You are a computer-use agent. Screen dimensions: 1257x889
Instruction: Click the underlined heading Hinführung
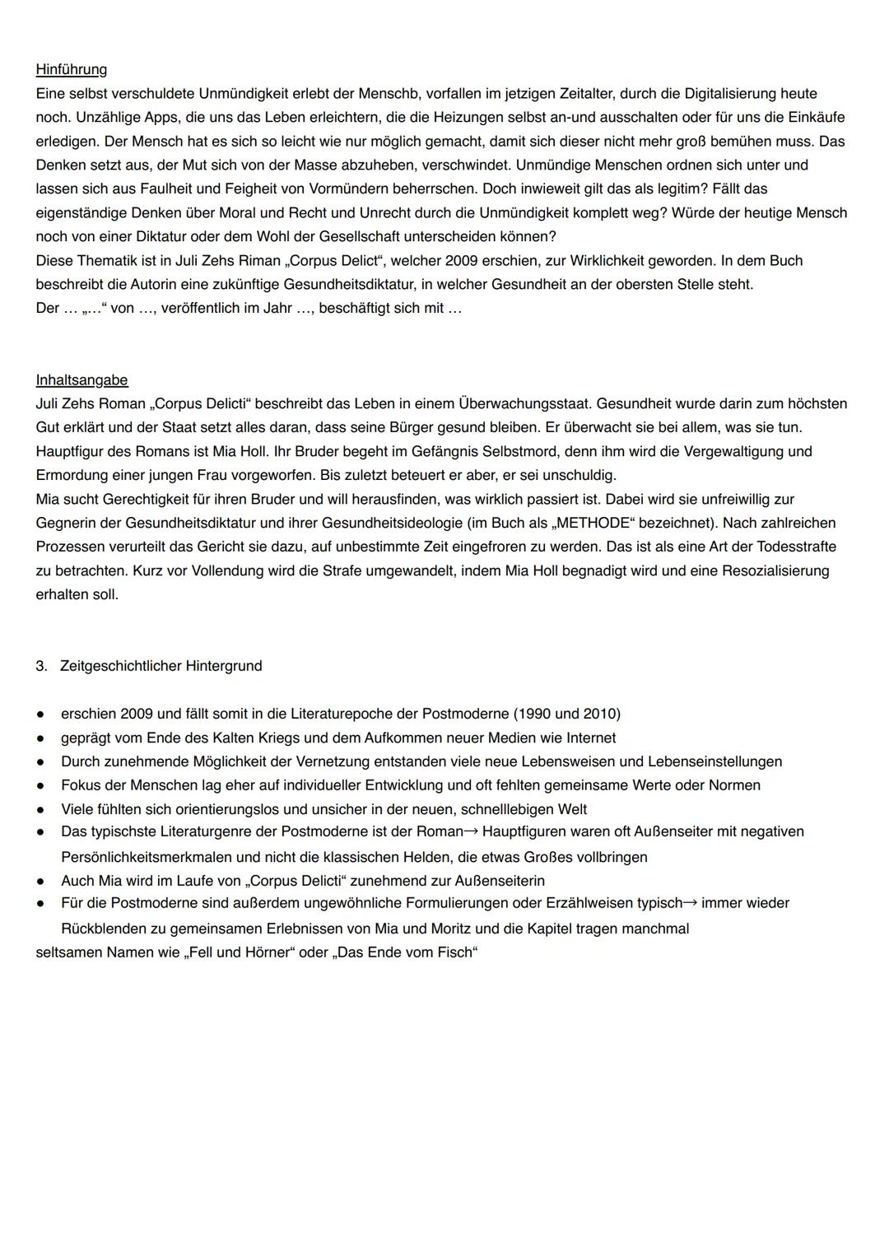click(x=71, y=69)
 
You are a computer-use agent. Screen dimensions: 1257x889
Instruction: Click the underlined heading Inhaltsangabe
click(x=81, y=380)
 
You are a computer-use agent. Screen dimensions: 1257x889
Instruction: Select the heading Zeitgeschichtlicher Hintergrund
click(x=161, y=666)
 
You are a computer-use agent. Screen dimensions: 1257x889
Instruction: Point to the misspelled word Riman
click(x=259, y=261)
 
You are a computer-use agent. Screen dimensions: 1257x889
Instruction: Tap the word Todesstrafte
click(x=793, y=547)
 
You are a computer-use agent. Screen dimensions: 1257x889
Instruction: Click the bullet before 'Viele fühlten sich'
click(x=40, y=810)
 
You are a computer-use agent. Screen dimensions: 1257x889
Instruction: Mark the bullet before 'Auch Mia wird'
click(x=40, y=882)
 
